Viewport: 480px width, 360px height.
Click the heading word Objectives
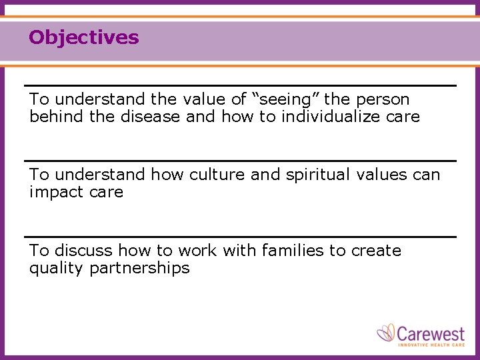[x=84, y=37]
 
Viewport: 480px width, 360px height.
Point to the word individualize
[x=337, y=117]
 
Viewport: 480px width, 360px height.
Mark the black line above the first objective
[x=240, y=85]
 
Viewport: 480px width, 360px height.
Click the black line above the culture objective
[x=240, y=161]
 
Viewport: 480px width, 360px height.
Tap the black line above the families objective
[x=240, y=237]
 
